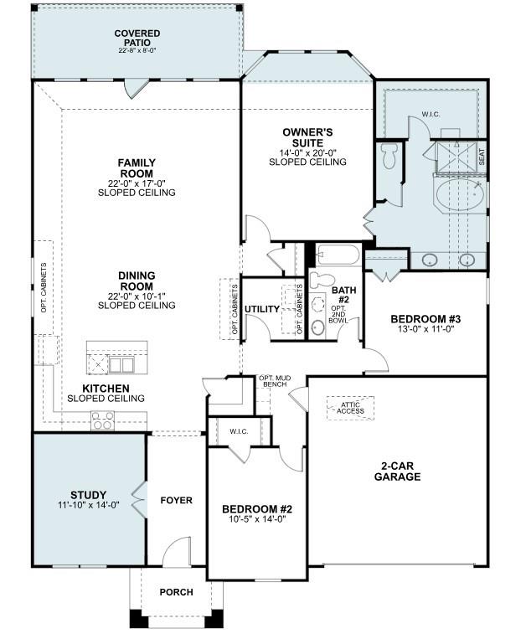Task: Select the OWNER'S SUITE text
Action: click(x=307, y=137)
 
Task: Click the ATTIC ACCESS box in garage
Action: click(x=350, y=407)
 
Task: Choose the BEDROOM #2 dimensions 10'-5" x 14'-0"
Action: click(x=257, y=519)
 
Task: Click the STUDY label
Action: click(x=89, y=494)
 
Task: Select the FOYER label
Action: click(x=176, y=500)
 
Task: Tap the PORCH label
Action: click(x=176, y=592)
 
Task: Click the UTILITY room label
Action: click(x=262, y=309)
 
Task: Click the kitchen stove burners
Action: click(x=102, y=421)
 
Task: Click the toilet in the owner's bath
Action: click(x=389, y=157)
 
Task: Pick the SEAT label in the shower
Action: click(x=481, y=156)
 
